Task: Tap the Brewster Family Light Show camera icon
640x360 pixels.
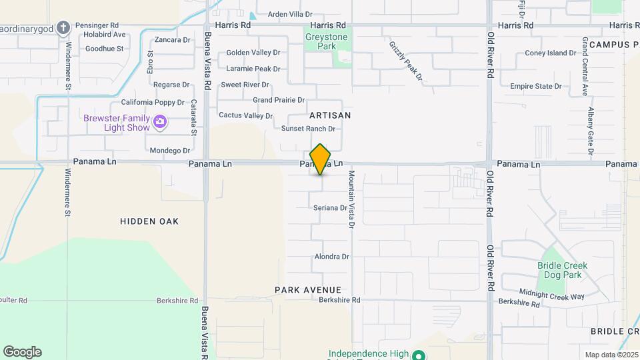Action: click(x=159, y=122)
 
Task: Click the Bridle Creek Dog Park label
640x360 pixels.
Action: click(x=562, y=270)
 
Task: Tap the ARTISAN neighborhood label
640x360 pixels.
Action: click(x=330, y=115)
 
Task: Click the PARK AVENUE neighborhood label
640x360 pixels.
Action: click(x=308, y=290)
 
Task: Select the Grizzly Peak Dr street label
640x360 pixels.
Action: click(x=407, y=61)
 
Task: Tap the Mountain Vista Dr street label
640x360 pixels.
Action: click(x=351, y=199)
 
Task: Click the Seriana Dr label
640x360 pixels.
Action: click(x=331, y=208)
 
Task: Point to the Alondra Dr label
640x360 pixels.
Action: click(x=331, y=257)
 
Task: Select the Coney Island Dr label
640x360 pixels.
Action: click(x=551, y=53)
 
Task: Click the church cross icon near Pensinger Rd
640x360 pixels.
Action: click(x=63, y=28)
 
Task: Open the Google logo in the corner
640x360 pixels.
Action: click(x=22, y=352)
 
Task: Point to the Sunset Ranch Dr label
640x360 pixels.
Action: click(x=307, y=129)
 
